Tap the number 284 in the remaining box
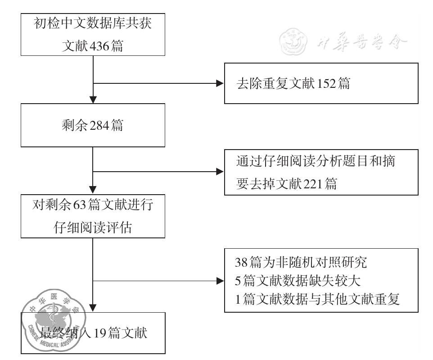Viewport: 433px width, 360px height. [97, 126]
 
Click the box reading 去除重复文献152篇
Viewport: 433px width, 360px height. [321, 84]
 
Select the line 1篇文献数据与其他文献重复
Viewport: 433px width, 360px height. [317, 299]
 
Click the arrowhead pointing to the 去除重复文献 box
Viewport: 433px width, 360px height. [220, 84]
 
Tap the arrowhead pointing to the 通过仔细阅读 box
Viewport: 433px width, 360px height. [220, 172]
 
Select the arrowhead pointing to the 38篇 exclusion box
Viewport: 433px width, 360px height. [220, 281]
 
